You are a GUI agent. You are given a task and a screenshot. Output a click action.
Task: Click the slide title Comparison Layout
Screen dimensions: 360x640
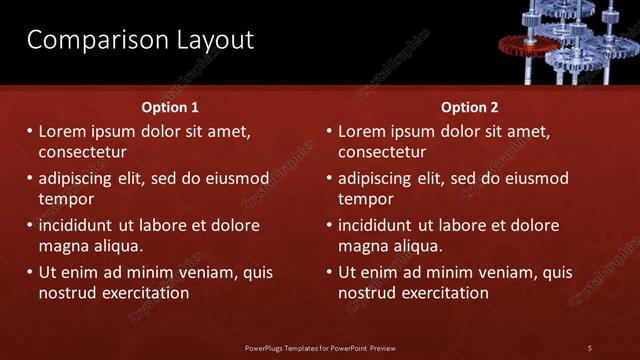coord(140,40)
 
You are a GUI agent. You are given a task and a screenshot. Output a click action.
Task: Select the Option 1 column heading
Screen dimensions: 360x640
coord(169,107)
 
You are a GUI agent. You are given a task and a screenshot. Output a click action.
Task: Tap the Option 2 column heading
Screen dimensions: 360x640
coord(469,107)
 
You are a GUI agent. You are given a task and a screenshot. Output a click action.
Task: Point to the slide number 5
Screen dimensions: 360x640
coord(590,348)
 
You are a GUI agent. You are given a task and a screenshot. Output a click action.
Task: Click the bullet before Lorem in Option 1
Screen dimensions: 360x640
coord(29,132)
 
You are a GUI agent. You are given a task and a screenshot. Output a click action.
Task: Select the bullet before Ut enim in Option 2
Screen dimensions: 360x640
coord(329,272)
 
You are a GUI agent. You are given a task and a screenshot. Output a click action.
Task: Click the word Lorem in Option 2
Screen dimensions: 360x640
coord(362,132)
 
